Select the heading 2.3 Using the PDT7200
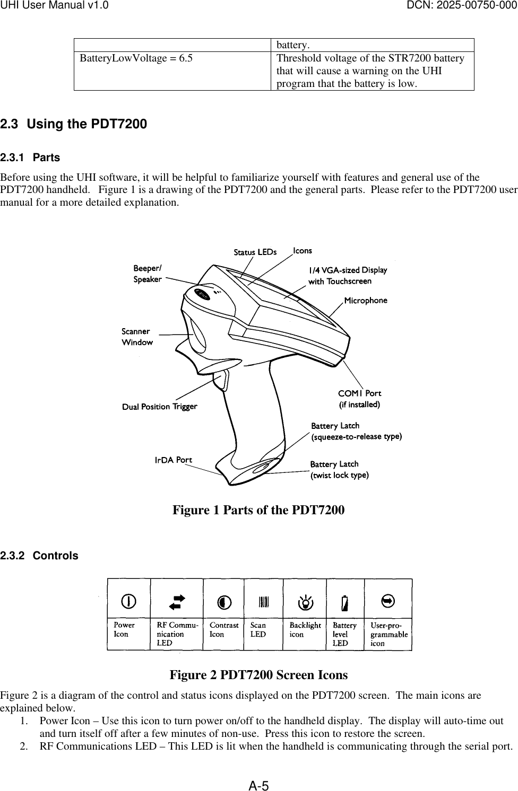point(74,125)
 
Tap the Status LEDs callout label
point(255,252)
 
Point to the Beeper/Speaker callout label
point(148,274)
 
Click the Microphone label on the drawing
point(366,301)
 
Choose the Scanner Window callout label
point(137,337)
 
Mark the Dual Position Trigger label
point(160,407)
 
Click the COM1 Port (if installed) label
point(360,399)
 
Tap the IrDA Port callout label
point(173,460)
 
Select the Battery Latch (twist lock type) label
point(339,470)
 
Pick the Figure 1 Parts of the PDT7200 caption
point(258,510)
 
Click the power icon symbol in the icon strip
point(128,601)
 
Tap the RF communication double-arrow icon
point(176,601)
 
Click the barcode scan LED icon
point(264,602)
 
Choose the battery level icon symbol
point(346,603)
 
